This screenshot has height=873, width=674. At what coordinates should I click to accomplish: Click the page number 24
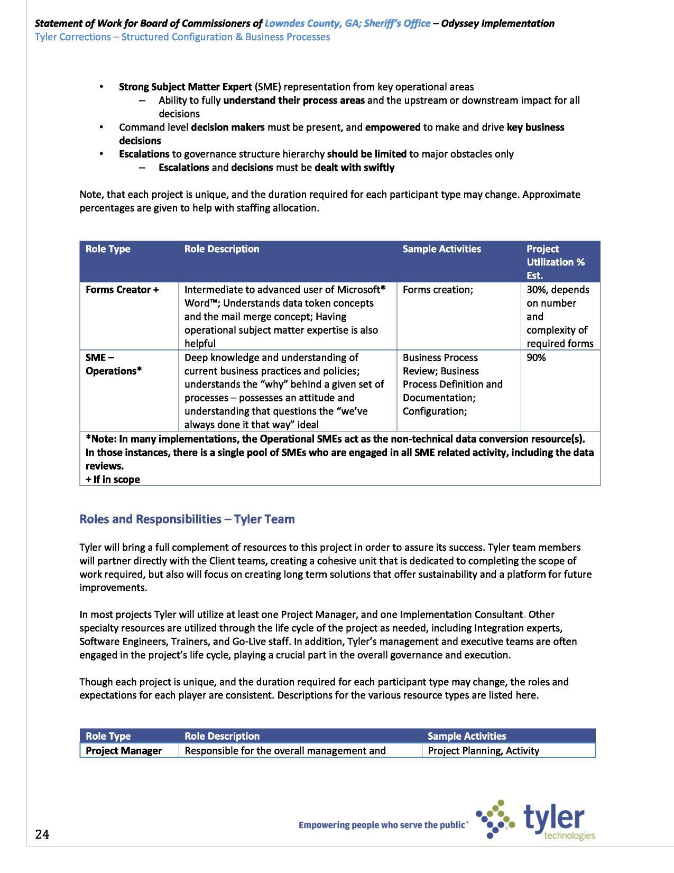42,834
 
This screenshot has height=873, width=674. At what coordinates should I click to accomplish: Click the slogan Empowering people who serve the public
383,824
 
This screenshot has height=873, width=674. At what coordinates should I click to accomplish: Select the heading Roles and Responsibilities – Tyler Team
187,519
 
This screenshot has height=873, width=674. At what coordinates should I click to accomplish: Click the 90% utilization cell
536,357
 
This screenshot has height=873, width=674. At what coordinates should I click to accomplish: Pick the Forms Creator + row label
122,290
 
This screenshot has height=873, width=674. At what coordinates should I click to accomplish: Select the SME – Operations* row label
113,364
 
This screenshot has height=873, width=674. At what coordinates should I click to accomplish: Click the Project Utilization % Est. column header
555,262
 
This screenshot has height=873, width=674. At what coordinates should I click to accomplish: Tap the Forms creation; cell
437,290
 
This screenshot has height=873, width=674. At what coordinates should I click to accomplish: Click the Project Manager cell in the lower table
124,750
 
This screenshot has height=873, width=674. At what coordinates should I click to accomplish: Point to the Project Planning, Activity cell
483,750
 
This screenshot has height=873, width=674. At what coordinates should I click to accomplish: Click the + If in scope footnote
113,480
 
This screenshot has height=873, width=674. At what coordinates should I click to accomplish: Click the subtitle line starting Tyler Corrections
182,37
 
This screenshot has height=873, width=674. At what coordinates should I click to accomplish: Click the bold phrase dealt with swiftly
354,168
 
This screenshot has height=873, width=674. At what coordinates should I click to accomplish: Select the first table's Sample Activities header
441,249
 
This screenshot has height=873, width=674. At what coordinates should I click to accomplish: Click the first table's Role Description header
221,249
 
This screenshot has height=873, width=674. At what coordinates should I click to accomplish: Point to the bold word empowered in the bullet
392,127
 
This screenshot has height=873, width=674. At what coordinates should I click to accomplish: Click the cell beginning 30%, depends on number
559,316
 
